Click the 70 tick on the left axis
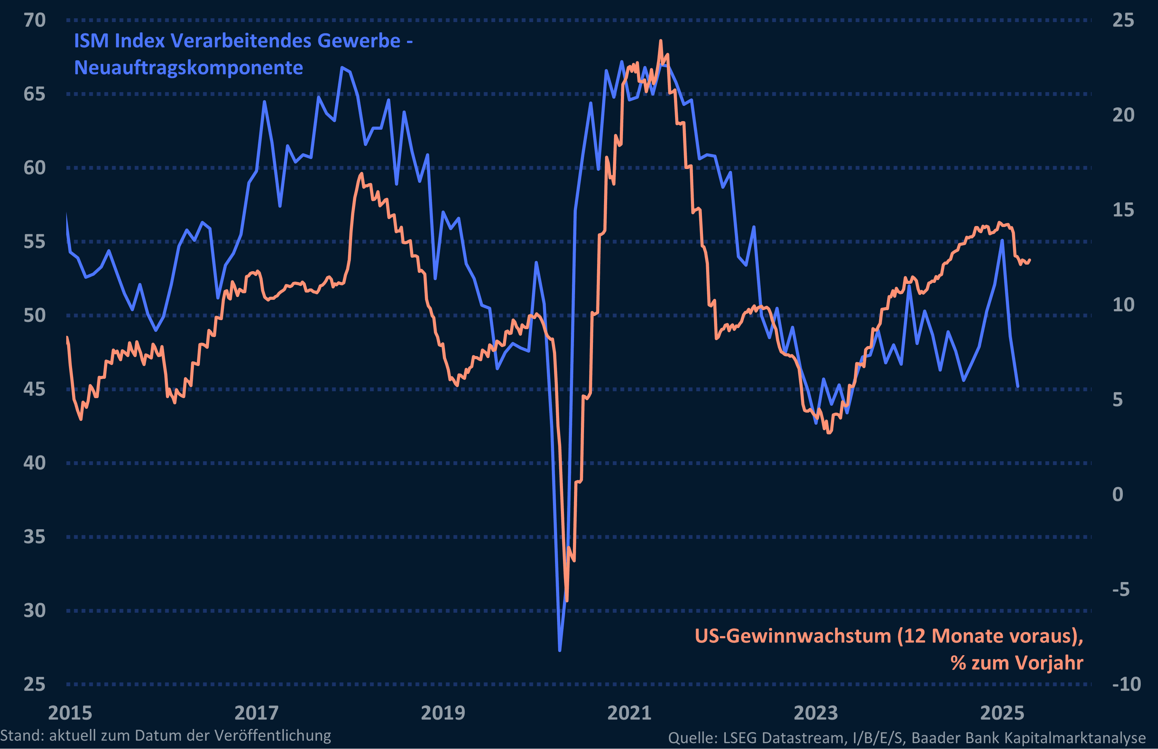click(34, 20)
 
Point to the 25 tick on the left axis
click(34, 684)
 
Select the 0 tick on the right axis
click(1118, 494)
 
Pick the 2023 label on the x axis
click(816, 713)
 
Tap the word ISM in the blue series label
click(91, 41)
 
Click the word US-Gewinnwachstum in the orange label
click(792, 636)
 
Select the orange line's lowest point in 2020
click(567, 601)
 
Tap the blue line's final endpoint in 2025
click(1018, 387)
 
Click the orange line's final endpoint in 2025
click(1030, 260)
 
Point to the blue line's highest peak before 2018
click(342, 68)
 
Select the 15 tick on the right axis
click(1123, 210)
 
